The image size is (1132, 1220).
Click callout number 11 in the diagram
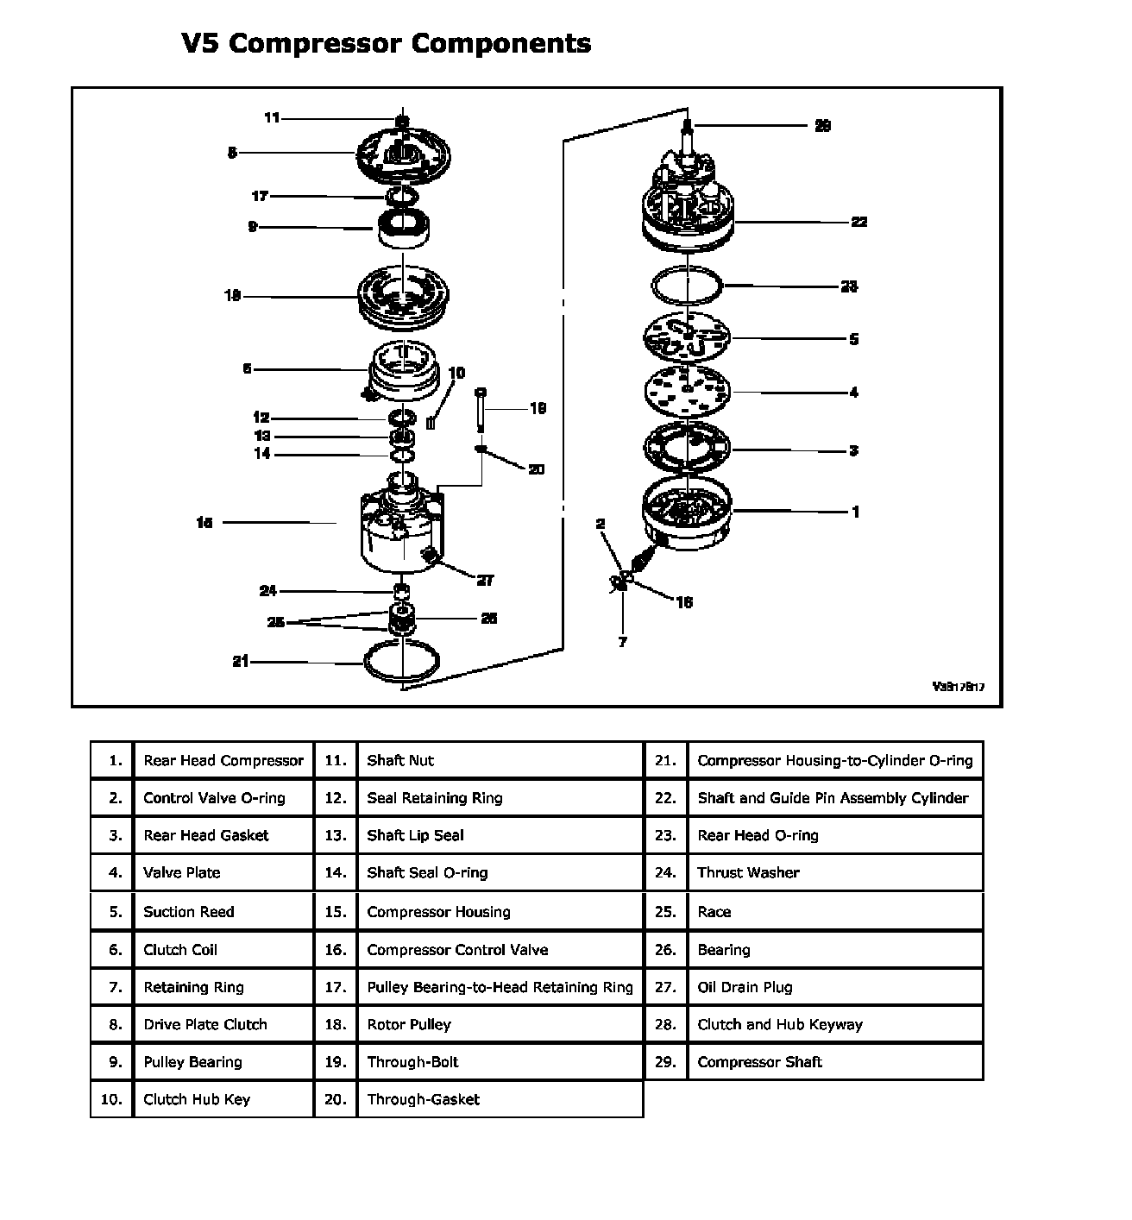point(272,117)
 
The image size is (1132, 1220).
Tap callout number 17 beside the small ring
point(260,196)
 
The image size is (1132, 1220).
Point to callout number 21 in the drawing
point(241,661)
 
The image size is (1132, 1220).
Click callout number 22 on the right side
point(858,222)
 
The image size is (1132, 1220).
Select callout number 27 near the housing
point(485,580)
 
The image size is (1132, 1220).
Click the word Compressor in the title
point(316,43)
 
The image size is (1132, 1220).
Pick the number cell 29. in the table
point(665,1062)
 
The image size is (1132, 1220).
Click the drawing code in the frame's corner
point(958,688)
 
